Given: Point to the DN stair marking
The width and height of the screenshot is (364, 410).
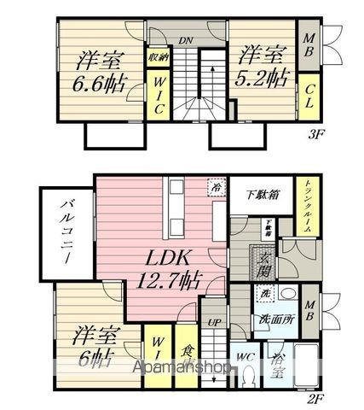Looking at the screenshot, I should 186,38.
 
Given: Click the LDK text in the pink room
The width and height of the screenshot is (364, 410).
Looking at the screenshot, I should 176,255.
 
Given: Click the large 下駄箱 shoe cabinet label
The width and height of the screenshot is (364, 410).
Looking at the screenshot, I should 260,195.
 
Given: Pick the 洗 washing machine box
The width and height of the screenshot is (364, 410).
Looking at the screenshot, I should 264,293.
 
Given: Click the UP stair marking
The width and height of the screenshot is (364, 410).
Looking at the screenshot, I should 215,323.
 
